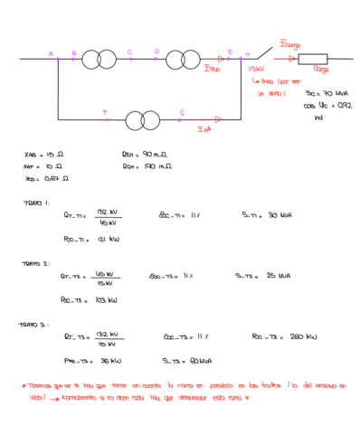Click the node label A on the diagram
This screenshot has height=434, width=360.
(51, 53)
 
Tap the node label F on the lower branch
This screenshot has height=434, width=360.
(105, 111)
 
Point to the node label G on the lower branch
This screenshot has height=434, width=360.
(181, 112)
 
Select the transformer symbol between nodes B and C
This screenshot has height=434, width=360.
(99, 61)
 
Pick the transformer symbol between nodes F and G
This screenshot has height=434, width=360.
(143, 119)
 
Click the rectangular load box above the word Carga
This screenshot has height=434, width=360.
(316, 59)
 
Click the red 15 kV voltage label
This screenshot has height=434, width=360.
(256, 69)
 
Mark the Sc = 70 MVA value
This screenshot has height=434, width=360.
(323, 93)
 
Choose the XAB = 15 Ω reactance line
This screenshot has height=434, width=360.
(43, 155)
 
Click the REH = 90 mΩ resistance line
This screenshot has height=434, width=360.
(147, 155)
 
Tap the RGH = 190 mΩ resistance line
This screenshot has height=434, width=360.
(147, 166)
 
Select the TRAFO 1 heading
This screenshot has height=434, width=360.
(36, 203)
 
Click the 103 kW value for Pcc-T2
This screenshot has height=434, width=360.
(107, 298)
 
